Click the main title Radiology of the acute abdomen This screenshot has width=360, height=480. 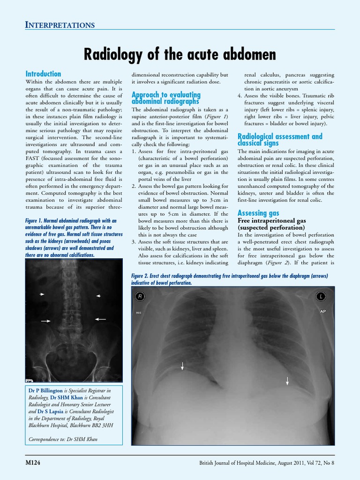[180, 54]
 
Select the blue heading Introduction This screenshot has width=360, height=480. [43, 74]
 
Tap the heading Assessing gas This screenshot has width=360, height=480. [258, 213]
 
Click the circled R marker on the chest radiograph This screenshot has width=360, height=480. [139, 296]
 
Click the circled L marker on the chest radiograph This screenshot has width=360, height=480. [321, 296]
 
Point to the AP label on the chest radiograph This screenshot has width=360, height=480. [322, 311]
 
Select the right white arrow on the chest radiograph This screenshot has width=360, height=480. [287, 381]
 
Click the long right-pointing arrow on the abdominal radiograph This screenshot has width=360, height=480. [46, 321]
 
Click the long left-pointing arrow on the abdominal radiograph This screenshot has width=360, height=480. [100, 319]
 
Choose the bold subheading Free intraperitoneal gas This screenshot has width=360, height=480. [272, 220]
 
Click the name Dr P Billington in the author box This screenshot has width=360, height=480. [45, 390]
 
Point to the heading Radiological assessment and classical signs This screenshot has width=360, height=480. [280, 139]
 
